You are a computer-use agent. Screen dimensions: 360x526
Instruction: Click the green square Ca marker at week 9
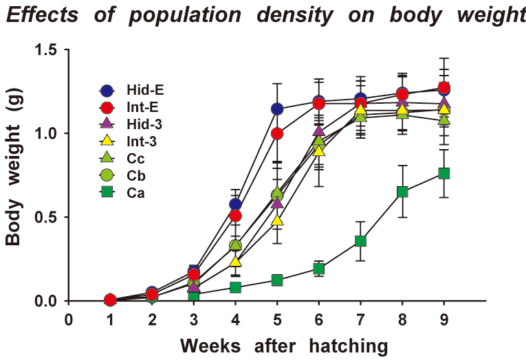point(443,173)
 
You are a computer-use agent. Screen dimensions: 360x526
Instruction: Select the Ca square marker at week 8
point(402,192)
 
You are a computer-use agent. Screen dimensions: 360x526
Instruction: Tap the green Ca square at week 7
point(360,241)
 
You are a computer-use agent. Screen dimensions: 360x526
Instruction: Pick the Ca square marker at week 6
point(318,269)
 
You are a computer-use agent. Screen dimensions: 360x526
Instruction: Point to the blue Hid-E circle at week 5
point(277,109)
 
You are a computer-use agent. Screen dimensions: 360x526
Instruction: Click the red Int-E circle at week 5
point(277,134)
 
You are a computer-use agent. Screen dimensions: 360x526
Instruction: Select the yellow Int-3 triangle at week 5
point(277,221)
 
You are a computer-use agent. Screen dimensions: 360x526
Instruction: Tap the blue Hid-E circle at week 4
point(235,205)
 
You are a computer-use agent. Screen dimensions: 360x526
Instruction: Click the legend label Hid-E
point(145,90)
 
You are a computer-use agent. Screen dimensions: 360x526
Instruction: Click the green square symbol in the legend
point(107,193)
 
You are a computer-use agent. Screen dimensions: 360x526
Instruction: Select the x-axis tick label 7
point(360,319)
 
